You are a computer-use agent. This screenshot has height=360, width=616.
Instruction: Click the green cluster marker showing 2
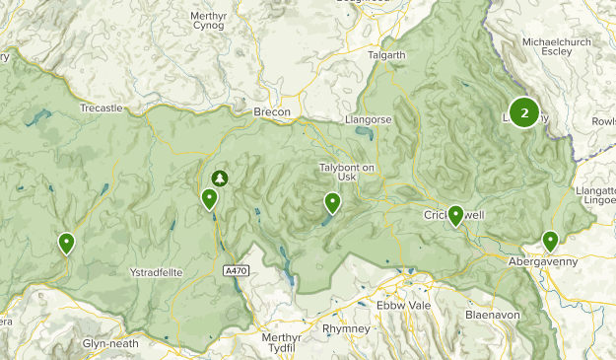click(x=524, y=112)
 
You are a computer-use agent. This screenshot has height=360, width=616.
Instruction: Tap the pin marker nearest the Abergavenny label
click(x=550, y=240)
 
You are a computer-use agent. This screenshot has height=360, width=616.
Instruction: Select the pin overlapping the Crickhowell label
click(x=455, y=215)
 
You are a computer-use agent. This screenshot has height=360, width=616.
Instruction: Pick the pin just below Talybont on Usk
click(x=333, y=203)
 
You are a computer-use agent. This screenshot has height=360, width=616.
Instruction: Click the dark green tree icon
click(x=220, y=178)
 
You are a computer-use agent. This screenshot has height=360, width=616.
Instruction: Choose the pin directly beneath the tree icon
click(x=209, y=199)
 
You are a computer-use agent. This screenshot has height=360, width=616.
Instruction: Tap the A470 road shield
click(x=237, y=269)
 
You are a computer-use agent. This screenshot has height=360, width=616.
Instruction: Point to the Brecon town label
click(x=272, y=112)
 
